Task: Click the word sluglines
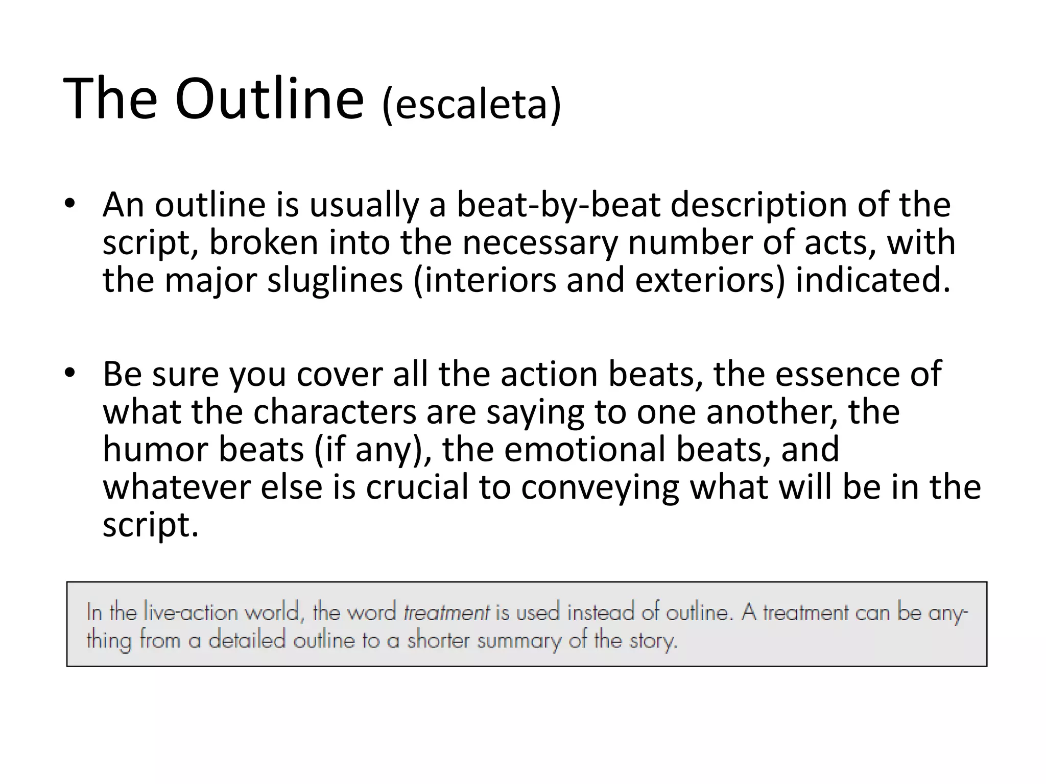point(335,280)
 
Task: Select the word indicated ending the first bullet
point(873,280)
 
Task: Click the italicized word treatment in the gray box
point(446,612)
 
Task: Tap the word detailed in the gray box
point(246,640)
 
